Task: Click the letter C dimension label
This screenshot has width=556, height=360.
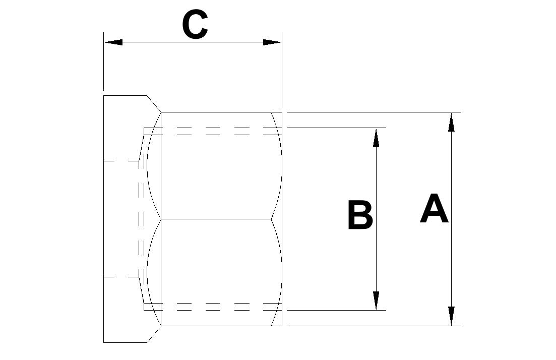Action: point(195,24)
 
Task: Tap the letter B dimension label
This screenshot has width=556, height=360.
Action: point(360,215)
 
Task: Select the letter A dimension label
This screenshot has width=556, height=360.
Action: point(434,208)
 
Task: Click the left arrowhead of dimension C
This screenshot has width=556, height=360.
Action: point(113,42)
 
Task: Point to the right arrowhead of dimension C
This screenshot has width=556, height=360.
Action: point(272,42)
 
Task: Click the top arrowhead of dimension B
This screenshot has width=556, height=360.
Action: point(376,138)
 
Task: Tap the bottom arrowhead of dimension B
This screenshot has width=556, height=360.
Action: point(376,301)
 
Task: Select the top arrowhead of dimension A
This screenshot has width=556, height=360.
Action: point(451,123)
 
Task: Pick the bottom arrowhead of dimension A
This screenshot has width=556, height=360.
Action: point(451,316)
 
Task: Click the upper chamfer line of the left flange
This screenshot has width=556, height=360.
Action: point(154,103)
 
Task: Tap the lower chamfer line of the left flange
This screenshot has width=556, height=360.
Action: point(154,334)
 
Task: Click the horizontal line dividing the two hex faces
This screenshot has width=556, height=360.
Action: point(216,219)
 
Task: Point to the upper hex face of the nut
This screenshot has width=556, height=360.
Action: point(216,165)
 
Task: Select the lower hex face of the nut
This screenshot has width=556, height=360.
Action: point(216,272)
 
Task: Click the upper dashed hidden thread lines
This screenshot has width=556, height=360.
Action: point(213,131)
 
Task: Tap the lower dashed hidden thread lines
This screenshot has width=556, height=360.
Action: point(213,307)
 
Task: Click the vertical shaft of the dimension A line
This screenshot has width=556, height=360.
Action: point(451,219)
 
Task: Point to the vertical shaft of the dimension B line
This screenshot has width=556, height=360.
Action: point(376,219)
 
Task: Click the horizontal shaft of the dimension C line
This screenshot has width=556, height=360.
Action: point(193,42)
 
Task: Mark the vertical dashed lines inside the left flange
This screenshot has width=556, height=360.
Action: point(142,219)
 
